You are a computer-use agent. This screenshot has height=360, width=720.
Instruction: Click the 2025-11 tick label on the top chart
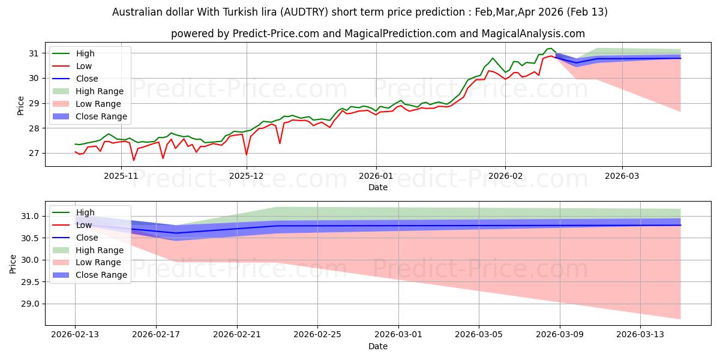tap(121, 176)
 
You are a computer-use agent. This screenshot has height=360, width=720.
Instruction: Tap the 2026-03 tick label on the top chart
tap(622, 176)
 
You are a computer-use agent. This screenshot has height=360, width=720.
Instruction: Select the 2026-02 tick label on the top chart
tap(505, 176)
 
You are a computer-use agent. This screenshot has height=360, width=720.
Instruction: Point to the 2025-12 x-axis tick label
tap(246, 176)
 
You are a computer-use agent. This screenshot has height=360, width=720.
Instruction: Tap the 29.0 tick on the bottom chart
tap(31, 304)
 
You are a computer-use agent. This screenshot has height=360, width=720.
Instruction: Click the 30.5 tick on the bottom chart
tap(31, 238)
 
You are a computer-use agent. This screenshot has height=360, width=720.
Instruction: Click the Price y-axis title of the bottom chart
tap(14, 263)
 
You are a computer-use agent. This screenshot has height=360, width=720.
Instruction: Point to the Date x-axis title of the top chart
tap(378, 187)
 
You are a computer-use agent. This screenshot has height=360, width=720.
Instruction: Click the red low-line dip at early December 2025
tap(247, 155)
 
